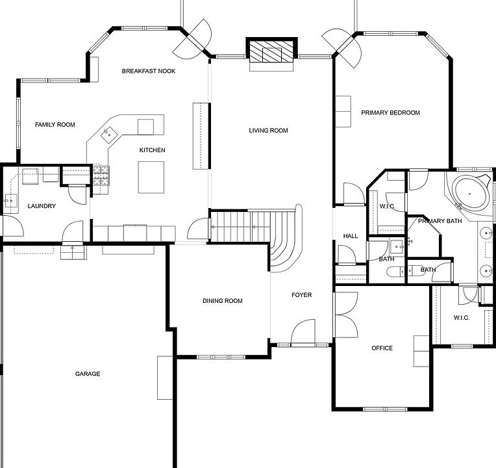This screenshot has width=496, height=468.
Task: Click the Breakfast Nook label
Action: [149, 71]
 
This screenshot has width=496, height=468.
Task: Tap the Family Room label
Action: [55, 125]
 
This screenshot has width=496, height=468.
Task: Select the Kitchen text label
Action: [152, 151]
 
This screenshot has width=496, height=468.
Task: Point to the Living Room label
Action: [268, 131]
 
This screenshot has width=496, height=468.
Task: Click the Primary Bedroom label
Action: [390, 113]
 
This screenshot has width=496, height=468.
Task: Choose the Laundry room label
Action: [42, 207]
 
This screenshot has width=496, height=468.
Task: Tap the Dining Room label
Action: [222, 301]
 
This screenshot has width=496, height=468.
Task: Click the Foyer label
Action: [301, 295]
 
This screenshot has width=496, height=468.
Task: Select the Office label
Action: [382, 348]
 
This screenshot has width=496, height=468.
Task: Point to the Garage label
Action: [87, 374]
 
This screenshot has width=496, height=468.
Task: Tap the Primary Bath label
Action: [440, 222]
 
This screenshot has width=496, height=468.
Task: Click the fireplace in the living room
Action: [271, 53]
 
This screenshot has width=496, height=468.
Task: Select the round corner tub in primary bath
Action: [471, 192]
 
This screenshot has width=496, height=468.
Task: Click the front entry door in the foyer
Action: [303, 334]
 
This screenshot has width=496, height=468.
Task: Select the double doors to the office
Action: [345, 315]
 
